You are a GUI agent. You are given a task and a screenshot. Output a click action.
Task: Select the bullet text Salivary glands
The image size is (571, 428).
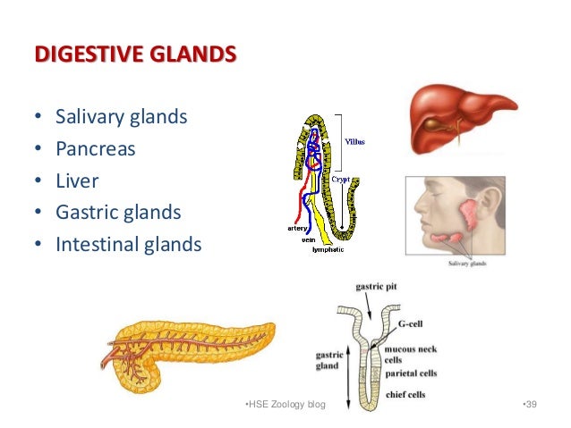[122, 117]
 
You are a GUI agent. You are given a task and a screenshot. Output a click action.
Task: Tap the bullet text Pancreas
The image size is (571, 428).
[95, 148]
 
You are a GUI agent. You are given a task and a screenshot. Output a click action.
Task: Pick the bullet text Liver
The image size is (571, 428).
[77, 180]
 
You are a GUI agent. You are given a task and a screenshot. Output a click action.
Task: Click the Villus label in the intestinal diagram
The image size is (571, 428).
[355, 140]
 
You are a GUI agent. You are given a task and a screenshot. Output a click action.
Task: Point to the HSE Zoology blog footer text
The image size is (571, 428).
[285, 407]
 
